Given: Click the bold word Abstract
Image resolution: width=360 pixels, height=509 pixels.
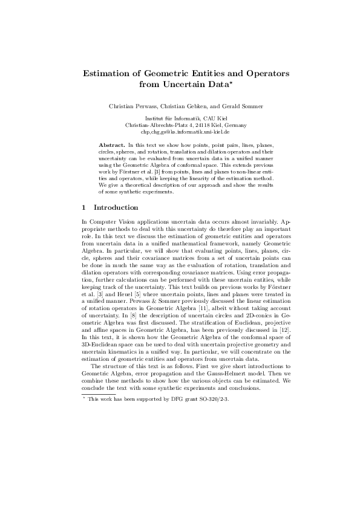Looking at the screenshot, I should [x=112, y=146].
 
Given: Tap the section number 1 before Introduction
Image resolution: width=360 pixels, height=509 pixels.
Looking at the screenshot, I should [x=83, y=208].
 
